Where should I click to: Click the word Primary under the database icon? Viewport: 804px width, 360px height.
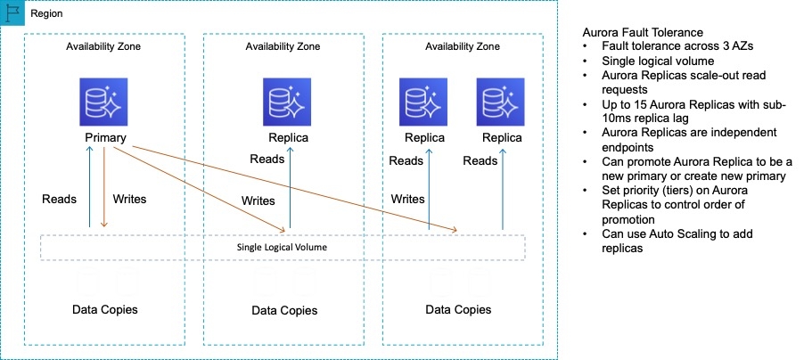click(x=104, y=138)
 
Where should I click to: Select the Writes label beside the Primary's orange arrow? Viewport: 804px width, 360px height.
click(x=130, y=199)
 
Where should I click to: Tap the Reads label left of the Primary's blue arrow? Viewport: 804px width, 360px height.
click(x=60, y=199)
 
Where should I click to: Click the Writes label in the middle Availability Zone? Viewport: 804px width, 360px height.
click(x=258, y=200)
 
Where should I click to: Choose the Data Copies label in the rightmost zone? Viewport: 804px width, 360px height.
click(x=457, y=309)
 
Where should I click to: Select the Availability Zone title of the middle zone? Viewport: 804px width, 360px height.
click(x=283, y=46)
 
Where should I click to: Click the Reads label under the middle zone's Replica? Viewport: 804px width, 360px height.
click(x=267, y=160)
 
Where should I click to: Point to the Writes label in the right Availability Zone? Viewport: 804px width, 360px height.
click(x=407, y=199)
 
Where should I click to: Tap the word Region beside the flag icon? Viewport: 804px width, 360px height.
click(x=46, y=15)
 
